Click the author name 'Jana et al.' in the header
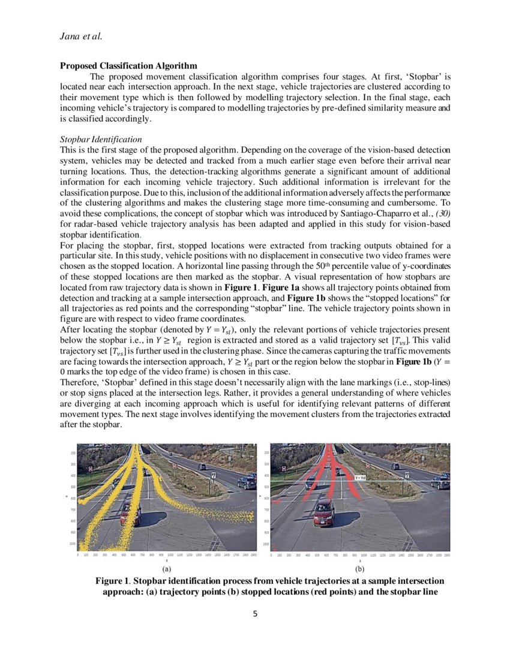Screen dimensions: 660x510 pos(80,36)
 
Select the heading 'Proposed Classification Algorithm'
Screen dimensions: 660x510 pos(128,65)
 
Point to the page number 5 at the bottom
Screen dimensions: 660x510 pos(255,614)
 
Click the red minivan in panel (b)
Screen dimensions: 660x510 pos(323,511)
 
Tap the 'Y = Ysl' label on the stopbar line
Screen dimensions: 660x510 pos(361,477)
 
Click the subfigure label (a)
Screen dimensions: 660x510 pos(166,568)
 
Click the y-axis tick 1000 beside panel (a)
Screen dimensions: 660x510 pos(73,543)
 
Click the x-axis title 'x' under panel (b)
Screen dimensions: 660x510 pos(360,560)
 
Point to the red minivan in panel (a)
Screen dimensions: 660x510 pos(130,512)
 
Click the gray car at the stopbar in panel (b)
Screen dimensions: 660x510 pos(310,482)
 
